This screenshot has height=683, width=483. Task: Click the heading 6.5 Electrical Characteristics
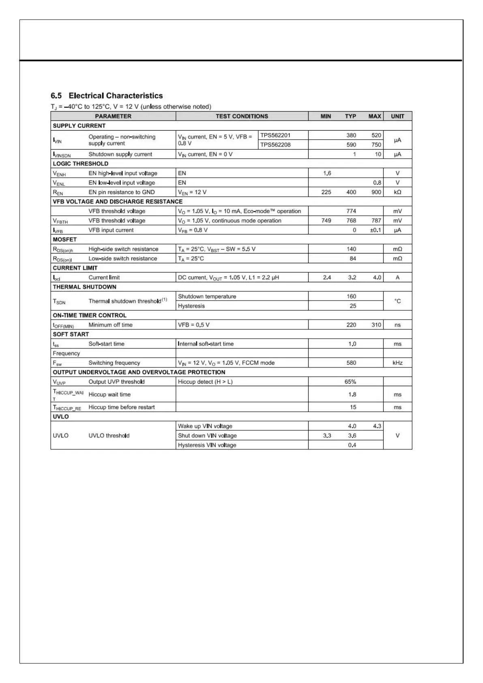pos(106,96)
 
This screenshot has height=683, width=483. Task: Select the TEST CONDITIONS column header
pos(242,116)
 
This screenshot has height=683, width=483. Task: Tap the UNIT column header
pos(397,116)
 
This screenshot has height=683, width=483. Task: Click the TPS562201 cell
pos(275,135)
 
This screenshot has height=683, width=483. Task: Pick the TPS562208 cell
pos(275,145)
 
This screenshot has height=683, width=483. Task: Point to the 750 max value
pos(376,145)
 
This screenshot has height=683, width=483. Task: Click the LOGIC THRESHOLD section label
pos(80,164)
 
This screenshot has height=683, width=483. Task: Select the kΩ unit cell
pos(397,192)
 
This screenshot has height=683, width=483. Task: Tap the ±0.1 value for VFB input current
pos(376,230)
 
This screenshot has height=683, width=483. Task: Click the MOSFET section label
pos(64,240)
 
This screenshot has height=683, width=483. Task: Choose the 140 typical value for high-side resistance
pos(351,249)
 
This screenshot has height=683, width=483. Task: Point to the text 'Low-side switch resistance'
pos(123,259)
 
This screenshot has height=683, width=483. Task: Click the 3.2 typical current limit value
pos(352,277)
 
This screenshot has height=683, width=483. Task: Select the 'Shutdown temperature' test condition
pos(207,296)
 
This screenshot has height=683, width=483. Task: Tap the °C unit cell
pos(397,301)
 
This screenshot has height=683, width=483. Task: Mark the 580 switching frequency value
pos(351,363)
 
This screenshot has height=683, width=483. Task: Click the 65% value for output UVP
pos(350,382)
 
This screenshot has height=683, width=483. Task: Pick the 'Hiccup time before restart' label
pos(122,407)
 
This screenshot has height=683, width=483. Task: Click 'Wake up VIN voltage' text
pos(205,426)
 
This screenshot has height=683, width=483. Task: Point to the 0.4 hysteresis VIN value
pos(352,445)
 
